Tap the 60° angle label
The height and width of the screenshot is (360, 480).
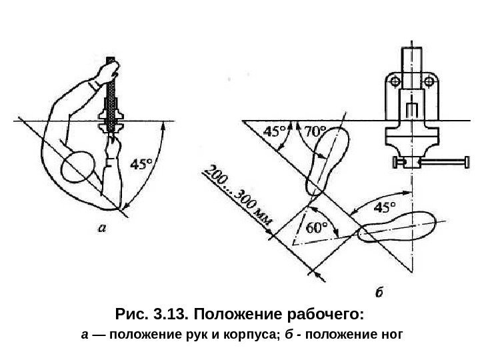(317, 227)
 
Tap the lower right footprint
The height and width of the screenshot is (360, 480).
(396, 227)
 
